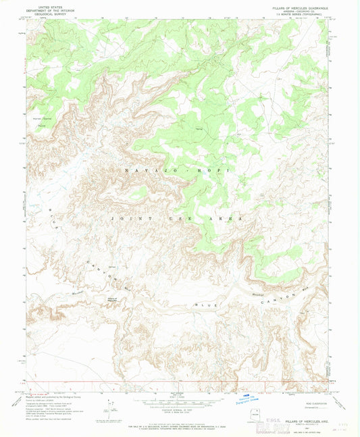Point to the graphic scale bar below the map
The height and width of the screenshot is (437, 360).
coord(179,401)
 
